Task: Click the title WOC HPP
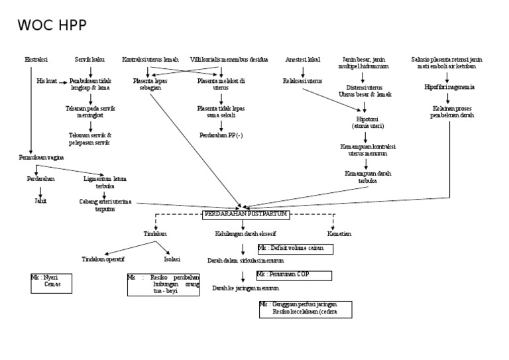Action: (51, 26)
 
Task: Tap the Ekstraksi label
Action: (36, 60)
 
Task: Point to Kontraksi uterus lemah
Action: (150, 60)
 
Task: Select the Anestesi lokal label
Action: (303, 60)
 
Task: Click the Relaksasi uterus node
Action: (302, 81)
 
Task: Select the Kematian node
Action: (339, 234)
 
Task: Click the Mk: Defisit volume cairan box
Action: (295, 249)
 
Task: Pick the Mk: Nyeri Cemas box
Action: (50, 282)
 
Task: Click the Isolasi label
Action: (172, 259)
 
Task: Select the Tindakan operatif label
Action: (103, 259)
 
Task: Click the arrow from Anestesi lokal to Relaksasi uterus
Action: (303, 70)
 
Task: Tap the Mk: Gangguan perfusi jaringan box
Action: (306, 309)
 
